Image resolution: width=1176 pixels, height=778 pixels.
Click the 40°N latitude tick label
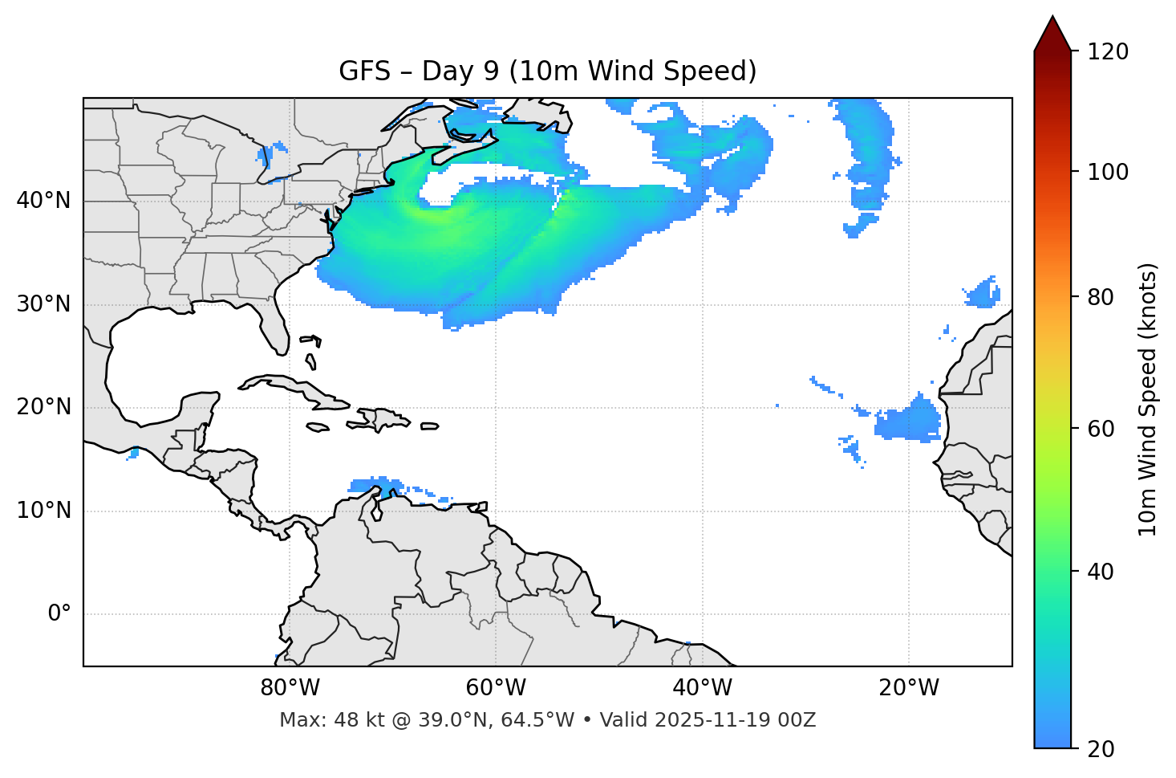coord(43,201)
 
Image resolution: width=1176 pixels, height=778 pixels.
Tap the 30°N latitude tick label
coord(43,304)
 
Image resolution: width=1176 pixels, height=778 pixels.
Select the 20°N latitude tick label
coord(43,407)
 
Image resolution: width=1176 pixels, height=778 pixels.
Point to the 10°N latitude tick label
coord(43,511)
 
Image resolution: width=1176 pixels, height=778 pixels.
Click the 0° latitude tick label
coord(59,614)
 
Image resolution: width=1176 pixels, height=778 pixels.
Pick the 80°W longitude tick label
coord(290,688)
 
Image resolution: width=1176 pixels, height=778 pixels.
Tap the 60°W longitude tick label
coord(497,688)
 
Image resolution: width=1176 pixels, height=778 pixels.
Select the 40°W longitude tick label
coord(703,688)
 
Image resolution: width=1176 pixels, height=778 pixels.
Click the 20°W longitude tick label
coord(909,688)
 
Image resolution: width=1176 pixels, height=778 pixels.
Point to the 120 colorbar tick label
coord(1108,52)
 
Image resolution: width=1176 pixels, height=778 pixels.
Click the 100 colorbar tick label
coord(1108,172)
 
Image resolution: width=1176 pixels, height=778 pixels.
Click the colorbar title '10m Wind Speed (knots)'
coord(1148,399)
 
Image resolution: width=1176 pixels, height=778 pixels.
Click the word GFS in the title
coord(364,71)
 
